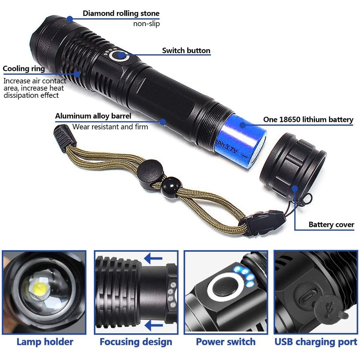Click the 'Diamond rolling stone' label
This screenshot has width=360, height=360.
(x=121, y=14)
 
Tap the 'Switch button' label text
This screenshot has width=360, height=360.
(x=186, y=51)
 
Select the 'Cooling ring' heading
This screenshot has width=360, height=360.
(x=24, y=69)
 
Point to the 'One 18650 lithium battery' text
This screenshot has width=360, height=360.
(x=308, y=120)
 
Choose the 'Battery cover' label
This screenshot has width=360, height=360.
(x=331, y=225)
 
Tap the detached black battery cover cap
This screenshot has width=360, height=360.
(x=292, y=165)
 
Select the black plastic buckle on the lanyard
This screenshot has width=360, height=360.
(x=263, y=223)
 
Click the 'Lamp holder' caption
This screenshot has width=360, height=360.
(x=45, y=342)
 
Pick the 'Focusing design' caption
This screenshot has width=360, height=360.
(x=136, y=342)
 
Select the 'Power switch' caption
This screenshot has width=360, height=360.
(x=226, y=342)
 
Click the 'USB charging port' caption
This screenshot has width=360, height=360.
(x=316, y=342)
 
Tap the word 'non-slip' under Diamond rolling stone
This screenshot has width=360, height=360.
(x=146, y=24)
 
